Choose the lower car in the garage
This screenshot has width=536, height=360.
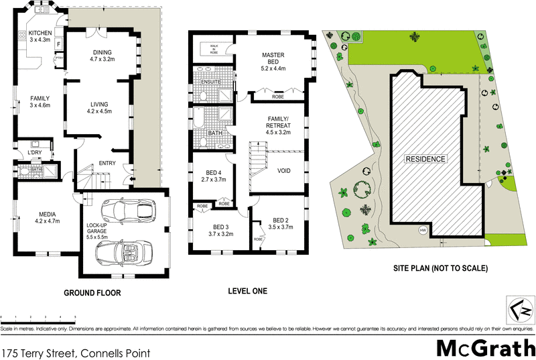click(125, 253)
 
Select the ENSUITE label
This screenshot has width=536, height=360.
click(211, 82)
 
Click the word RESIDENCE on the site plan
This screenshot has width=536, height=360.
click(423, 160)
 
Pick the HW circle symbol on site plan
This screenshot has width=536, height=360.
click(422, 231)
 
